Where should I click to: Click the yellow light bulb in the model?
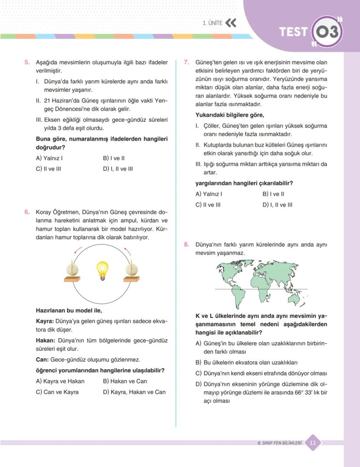click(x=102, y=270)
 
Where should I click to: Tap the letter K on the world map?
click(x=220, y=271)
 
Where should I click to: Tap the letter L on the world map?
click(x=267, y=300)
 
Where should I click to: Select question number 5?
click(x=27, y=63)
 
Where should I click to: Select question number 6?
click(x=27, y=212)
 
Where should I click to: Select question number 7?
click(x=186, y=63)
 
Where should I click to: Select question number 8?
click(x=186, y=245)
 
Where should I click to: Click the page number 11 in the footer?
click(x=313, y=443)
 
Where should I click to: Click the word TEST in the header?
click(x=293, y=32)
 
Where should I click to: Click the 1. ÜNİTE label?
click(x=213, y=23)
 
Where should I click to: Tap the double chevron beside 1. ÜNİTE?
click(x=231, y=23)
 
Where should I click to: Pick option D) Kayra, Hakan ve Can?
click(x=134, y=392)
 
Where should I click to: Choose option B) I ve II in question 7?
click(x=273, y=194)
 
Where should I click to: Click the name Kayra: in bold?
click(x=45, y=321)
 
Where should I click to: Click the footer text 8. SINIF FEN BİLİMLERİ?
click(x=280, y=443)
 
